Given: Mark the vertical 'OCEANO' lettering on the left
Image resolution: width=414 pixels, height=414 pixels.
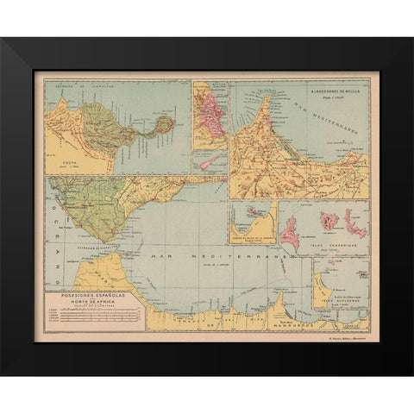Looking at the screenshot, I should (51, 250).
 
